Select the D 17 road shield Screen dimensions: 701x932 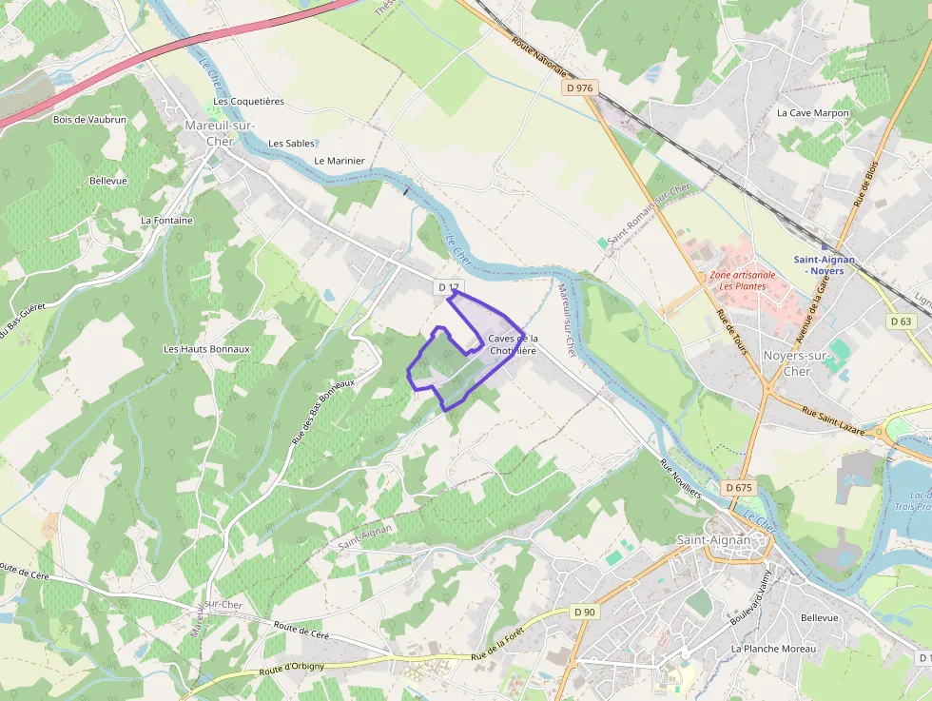click(x=448, y=287)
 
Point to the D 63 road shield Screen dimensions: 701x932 click(x=902, y=321)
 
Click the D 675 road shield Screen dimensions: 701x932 click(x=739, y=488)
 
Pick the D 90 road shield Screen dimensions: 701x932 click(x=584, y=612)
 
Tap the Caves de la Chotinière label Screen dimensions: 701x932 click(x=513, y=344)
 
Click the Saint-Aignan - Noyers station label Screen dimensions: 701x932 click(x=825, y=264)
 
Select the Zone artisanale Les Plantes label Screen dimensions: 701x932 click(x=742, y=281)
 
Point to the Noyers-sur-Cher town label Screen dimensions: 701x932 click(x=797, y=363)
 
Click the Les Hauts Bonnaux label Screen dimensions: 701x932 click(x=206, y=349)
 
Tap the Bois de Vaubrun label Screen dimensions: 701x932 click(x=89, y=120)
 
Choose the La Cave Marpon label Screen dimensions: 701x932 click(x=812, y=113)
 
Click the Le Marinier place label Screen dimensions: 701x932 click(x=339, y=161)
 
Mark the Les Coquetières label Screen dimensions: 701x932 click(x=248, y=101)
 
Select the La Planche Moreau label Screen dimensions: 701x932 click(x=773, y=649)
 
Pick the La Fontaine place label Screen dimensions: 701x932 click(x=166, y=221)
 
